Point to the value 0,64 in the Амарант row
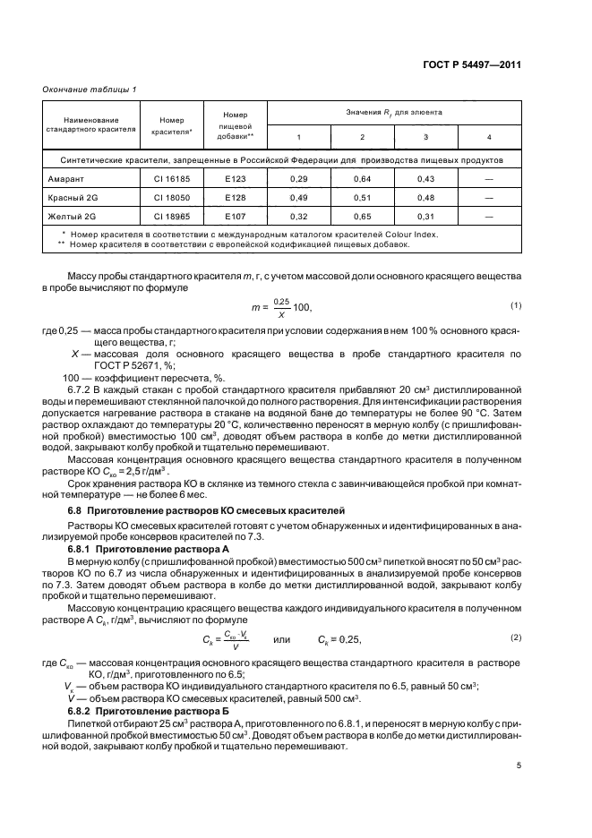[x=362, y=179]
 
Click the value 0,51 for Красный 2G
[x=362, y=198]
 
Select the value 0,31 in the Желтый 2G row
[x=425, y=217]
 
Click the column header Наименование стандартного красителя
[x=90, y=124]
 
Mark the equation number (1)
[x=516, y=306]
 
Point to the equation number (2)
[x=516, y=637]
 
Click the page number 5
[x=519, y=765]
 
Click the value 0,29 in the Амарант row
[x=299, y=179]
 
